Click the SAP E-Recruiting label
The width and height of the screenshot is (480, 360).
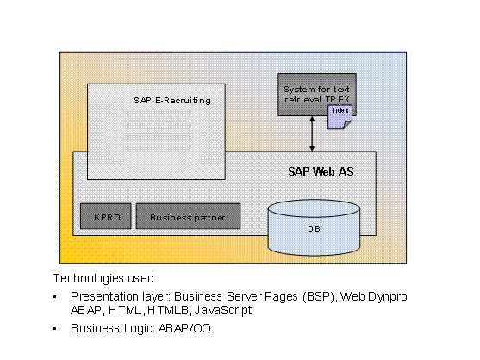[172, 100]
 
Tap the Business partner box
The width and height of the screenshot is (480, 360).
[187, 217]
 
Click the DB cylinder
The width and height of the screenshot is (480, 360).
[313, 228]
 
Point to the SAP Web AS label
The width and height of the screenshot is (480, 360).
[321, 172]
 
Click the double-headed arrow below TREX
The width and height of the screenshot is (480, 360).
[312, 133]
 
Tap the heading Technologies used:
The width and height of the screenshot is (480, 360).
[105, 278]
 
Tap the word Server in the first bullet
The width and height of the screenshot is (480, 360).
[248, 296]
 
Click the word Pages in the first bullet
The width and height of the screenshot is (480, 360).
[286, 296]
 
